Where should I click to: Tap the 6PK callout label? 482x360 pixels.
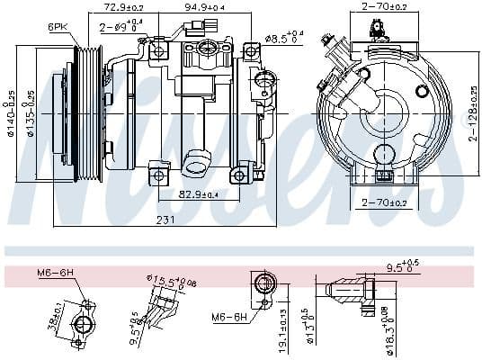(58, 28)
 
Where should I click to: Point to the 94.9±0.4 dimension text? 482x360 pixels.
(204, 8)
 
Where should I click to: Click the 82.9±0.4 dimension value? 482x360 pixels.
(199, 194)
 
